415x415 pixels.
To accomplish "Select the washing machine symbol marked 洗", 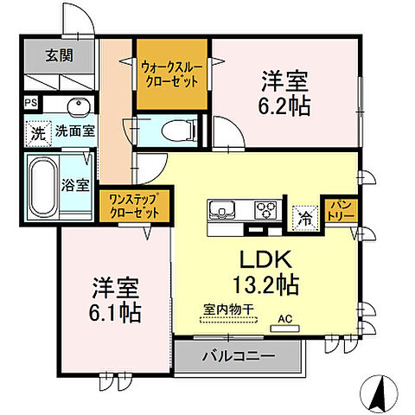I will click(x=38, y=132).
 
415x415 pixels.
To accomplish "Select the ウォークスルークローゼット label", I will click(x=170, y=73).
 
